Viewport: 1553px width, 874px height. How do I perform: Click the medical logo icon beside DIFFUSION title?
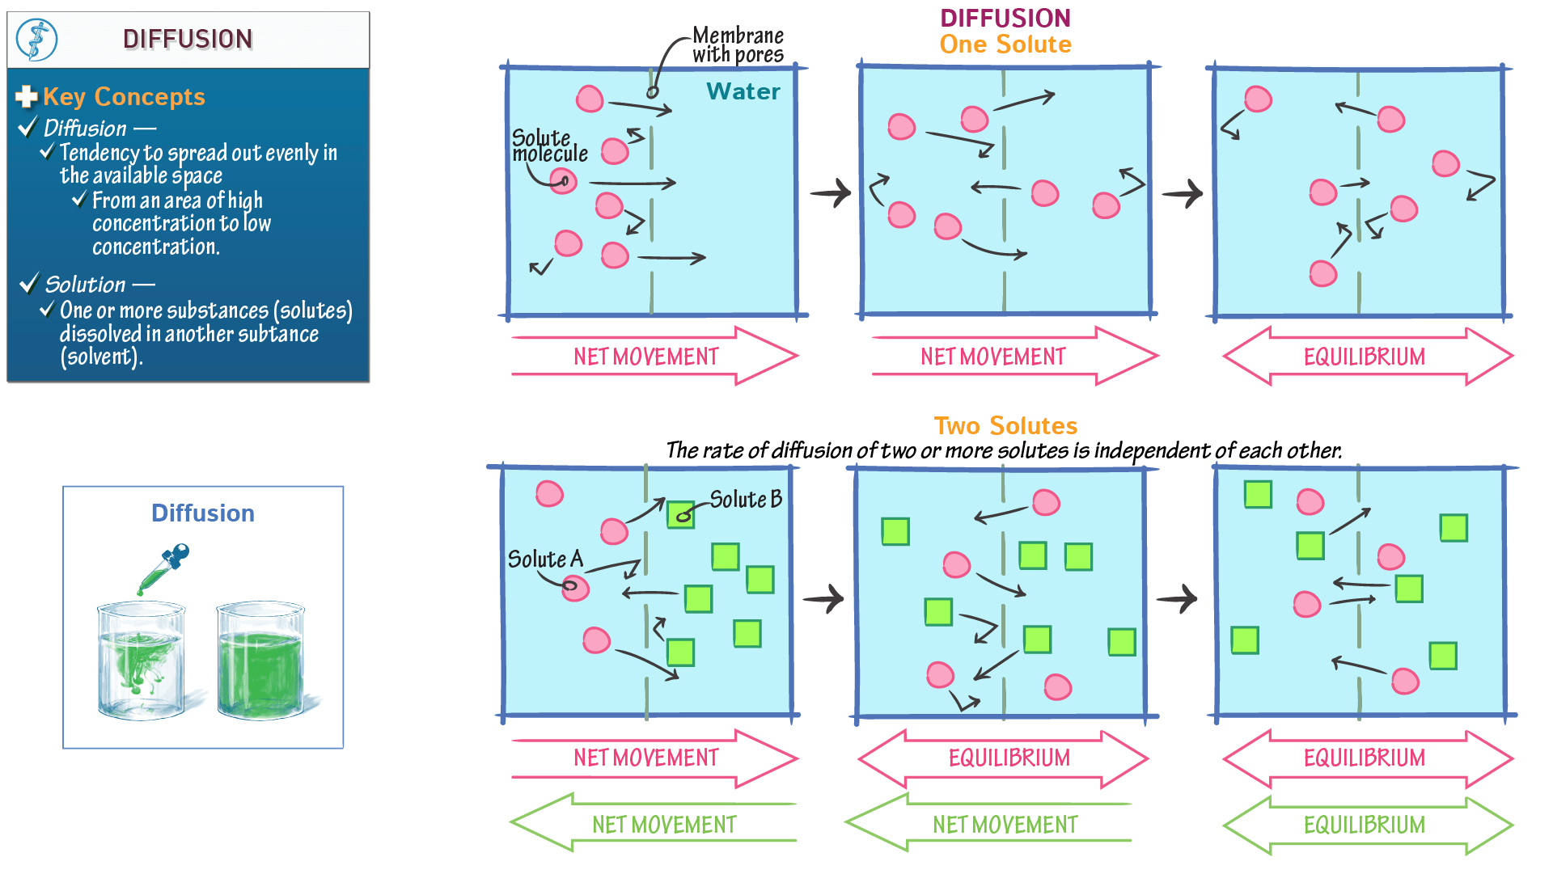coord(37,40)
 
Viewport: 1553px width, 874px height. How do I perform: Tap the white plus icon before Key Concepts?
coord(26,97)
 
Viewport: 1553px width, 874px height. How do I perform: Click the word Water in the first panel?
coord(743,91)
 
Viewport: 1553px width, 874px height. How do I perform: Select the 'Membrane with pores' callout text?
coord(738,45)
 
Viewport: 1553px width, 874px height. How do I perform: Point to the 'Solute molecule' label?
coord(549,146)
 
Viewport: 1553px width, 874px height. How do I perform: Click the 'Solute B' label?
coord(745,500)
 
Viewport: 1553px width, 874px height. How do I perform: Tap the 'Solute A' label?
coord(544,559)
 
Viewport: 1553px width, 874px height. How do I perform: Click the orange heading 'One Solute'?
coord(1005,44)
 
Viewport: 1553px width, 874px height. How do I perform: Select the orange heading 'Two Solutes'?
coord(1005,425)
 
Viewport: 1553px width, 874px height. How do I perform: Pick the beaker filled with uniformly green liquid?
coord(260,661)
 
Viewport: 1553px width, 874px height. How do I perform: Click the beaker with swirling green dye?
coord(142,661)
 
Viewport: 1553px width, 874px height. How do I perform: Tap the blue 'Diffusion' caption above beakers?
coord(202,513)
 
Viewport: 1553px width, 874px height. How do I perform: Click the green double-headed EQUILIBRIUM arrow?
coord(1366,825)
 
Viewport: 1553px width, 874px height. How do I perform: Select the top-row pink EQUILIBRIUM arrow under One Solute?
coord(1366,357)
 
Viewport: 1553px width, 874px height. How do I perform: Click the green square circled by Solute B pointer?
coord(681,513)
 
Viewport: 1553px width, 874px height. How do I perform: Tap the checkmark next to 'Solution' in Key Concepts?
coord(29,283)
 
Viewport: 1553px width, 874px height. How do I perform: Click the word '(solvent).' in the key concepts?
coord(101,357)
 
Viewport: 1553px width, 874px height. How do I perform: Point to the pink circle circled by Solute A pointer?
coord(575,587)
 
